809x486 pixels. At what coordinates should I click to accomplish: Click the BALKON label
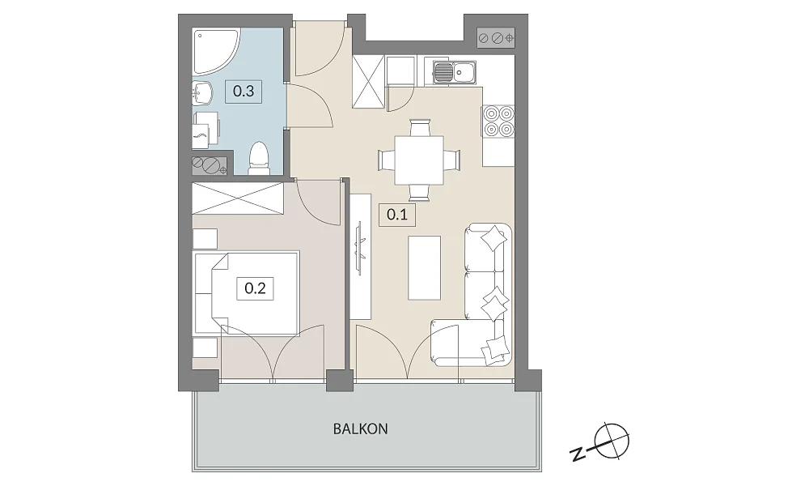[360, 428]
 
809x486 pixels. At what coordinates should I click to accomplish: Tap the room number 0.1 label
[397, 214]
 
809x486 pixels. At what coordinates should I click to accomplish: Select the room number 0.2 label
[255, 288]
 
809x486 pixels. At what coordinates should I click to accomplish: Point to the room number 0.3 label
[244, 92]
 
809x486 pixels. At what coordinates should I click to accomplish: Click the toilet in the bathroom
[259, 158]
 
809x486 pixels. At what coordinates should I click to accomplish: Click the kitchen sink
[455, 72]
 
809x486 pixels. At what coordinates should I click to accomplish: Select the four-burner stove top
[498, 121]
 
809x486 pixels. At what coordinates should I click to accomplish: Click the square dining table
[419, 160]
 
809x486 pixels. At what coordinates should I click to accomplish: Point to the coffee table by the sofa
[424, 267]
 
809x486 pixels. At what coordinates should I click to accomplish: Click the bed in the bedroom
[246, 293]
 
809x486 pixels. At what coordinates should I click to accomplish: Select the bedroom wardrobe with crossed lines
[238, 198]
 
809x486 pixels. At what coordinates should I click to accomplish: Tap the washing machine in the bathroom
[205, 130]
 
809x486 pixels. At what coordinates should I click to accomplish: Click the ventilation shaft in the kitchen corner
[496, 38]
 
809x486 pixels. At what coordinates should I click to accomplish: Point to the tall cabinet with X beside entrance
[368, 82]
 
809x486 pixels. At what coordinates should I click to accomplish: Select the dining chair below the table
[419, 193]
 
